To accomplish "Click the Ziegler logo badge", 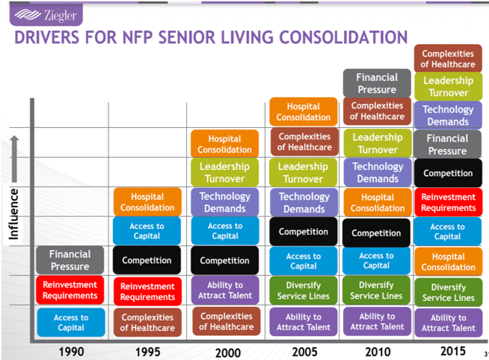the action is (x=46, y=15).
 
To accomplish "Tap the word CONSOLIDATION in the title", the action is (x=343, y=37).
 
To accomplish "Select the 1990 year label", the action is (x=72, y=352).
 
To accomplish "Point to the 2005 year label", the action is (x=304, y=352).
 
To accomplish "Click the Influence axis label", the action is (x=13, y=214).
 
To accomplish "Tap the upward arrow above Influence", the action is (x=14, y=159).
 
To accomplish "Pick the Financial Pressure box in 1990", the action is (x=70, y=260).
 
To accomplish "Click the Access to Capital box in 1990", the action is (x=71, y=323).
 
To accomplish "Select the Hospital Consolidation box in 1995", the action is (x=147, y=202).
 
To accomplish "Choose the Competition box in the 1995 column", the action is (x=147, y=260).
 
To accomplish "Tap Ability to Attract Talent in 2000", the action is (x=225, y=290).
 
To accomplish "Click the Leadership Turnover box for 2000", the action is (x=224, y=172).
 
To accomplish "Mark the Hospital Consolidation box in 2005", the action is (x=304, y=112).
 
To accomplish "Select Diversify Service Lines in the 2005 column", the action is (x=304, y=290).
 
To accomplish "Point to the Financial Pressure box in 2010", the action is (x=377, y=83).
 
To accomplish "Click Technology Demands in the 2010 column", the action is (x=378, y=172).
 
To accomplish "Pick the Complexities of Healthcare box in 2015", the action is (x=448, y=58).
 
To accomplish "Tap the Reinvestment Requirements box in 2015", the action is (x=449, y=202).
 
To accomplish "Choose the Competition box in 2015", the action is (x=448, y=173).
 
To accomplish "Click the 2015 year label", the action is (x=453, y=351).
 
